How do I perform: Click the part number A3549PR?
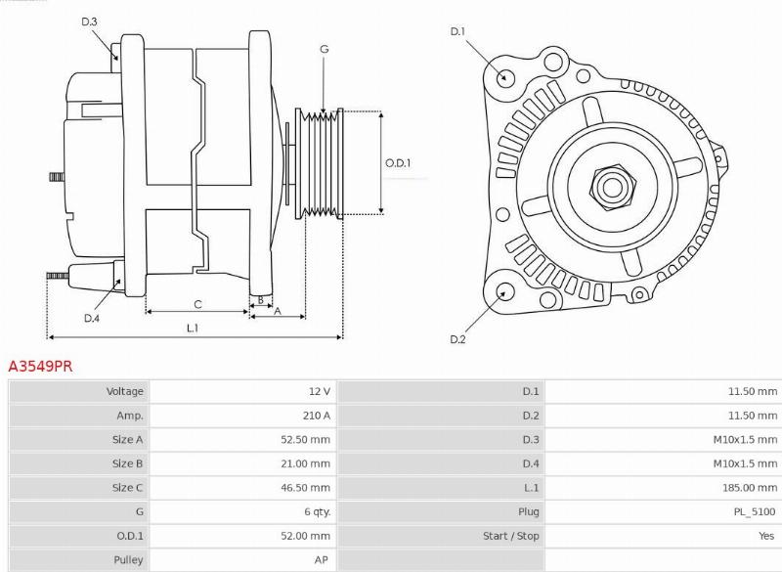click(x=40, y=367)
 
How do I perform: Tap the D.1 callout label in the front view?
click(x=456, y=32)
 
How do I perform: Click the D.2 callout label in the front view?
click(x=456, y=339)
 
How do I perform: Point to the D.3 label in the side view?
click(x=89, y=22)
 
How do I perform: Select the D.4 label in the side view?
click(x=91, y=318)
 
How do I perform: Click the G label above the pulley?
click(x=324, y=49)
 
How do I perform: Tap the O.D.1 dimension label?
click(x=398, y=163)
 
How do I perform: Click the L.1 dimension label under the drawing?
click(x=194, y=328)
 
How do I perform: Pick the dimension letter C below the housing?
click(x=197, y=303)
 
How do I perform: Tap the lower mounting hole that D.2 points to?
click(x=506, y=291)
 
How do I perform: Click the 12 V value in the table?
click(x=320, y=391)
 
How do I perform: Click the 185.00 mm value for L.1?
click(x=750, y=487)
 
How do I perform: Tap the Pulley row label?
click(x=128, y=560)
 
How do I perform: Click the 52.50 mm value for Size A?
click(x=305, y=439)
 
